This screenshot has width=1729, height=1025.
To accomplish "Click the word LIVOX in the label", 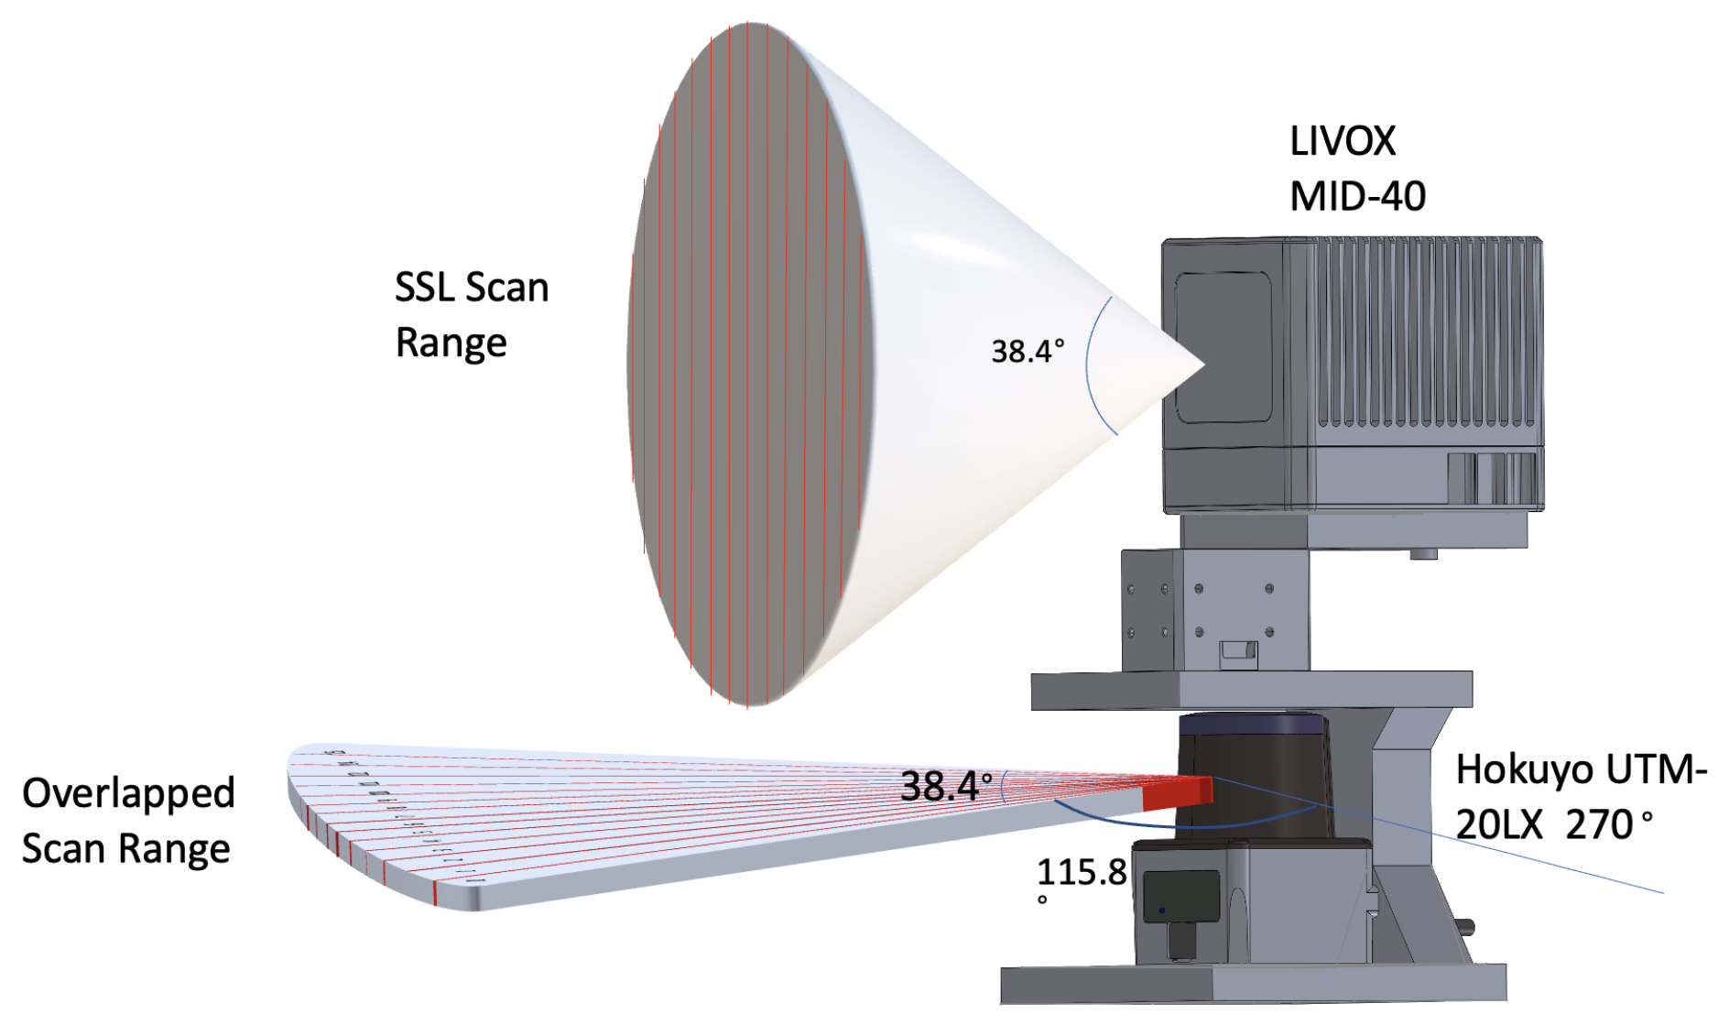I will [x=1343, y=142].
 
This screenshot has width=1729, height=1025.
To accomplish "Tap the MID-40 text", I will [x=1357, y=197].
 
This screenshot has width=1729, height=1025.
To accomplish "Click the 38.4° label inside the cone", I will [x=1027, y=351].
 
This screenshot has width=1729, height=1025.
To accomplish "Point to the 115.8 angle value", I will [x=1081, y=872].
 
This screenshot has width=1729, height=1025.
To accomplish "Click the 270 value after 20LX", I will [x=1599, y=825].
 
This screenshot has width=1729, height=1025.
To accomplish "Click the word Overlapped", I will [x=128, y=793].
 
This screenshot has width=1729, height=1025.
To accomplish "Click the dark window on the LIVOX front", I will [x=1223, y=348].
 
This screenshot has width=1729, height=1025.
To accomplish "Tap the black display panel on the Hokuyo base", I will [x=1181, y=896].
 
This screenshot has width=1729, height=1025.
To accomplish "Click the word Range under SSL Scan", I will [x=451, y=343].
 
